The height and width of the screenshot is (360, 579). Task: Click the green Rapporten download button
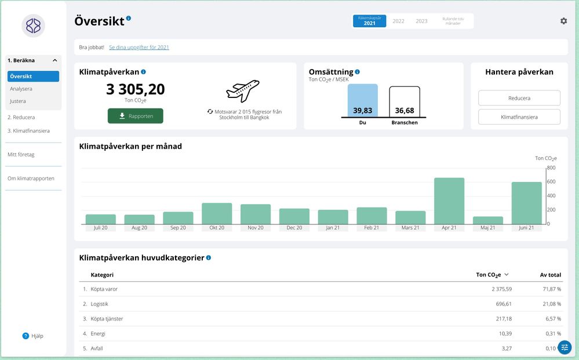pyautogui.click(x=135, y=116)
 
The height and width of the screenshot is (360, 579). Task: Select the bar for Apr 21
pyautogui.click(x=449, y=201)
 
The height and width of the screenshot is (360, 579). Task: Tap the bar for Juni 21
pyautogui.click(x=526, y=203)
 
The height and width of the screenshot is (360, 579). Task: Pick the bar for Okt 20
pyautogui.click(x=217, y=213)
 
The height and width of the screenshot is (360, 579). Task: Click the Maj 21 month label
pyautogui.click(x=487, y=228)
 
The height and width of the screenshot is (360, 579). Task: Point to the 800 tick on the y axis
pyautogui.click(x=551, y=168)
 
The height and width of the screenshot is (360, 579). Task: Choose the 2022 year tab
pyautogui.click(x=398, y=21)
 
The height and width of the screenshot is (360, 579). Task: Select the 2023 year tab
pyautogui.click(x=421, y=21)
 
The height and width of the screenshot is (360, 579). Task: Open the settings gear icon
pyautogui.click(x=563, y=21)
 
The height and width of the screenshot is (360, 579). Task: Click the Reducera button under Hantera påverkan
pyautogui.click(x=519, y=98)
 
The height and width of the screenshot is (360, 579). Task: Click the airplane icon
pyautogui.click(x=242, y=91)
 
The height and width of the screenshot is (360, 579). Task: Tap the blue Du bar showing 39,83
pyautogui.click(x=362, y=101)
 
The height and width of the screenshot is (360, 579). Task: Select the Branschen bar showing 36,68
pyautogui.click(x=405, y=102)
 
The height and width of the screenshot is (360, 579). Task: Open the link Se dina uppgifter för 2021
pyautogui.click(x=139, y=48)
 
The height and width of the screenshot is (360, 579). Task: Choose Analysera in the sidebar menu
pyautogui.click(x=21, y=89)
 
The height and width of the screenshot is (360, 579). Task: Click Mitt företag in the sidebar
pyautogui.click(x=21, y=154)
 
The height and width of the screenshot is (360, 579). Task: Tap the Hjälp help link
pyautogui.click(x=33, y=336)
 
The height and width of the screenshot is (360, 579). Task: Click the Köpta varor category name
pyautogui.click(x=104, y=289)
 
